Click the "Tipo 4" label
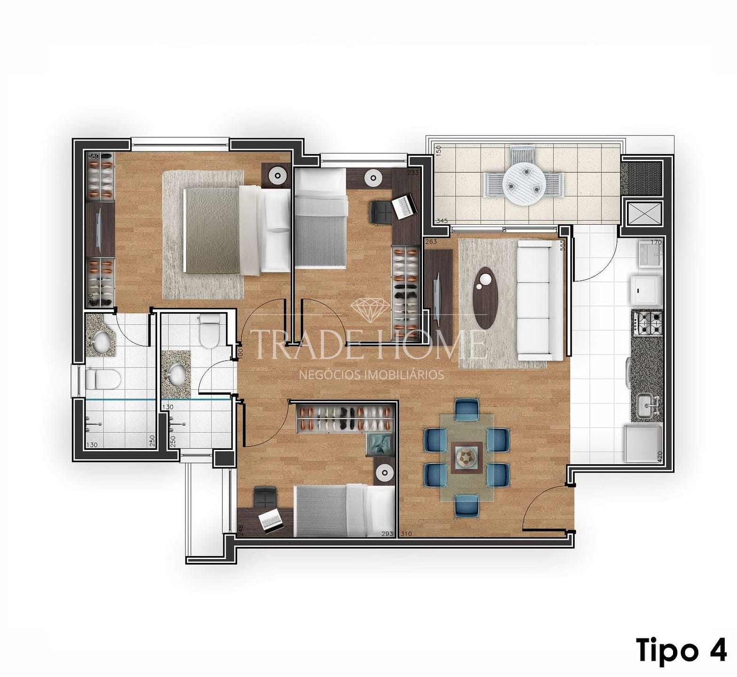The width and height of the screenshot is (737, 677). [682, 650]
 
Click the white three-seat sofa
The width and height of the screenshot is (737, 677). [534, 301]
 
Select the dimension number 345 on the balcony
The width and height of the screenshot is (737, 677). [442, 220]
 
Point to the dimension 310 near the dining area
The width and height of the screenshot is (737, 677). [406, 534]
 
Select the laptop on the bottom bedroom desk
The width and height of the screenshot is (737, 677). [270, 520]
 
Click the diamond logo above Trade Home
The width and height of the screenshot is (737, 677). [370, 308]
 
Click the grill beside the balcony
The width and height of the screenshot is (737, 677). [641, 177]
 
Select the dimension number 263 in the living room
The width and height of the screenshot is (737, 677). [431, 242]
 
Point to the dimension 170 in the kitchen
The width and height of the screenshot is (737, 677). [656, 243]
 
